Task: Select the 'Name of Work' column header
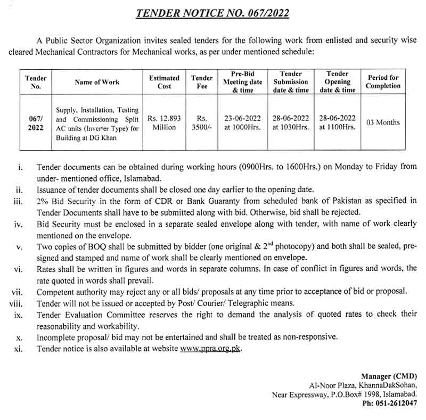(97, 82)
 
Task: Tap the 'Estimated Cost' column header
(164, 82)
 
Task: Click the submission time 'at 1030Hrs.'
(291, 127)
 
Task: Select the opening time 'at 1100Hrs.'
(337, 127)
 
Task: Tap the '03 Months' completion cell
(383, 122)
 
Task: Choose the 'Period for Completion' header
(383, 82)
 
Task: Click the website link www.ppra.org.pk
(210, 349)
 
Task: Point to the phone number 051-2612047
(395, 404)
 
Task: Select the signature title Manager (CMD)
(389, 376)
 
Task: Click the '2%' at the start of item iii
(43, 200)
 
